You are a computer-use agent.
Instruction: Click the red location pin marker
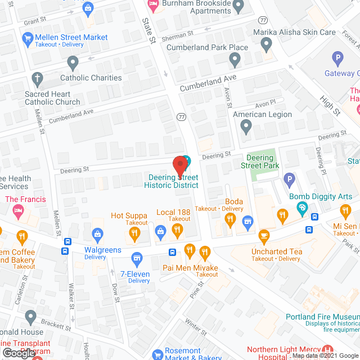(179, 165)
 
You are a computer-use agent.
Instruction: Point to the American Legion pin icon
(246, 127)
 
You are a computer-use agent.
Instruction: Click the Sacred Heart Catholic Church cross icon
(38, 78)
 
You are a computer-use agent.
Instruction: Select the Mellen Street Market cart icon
(27, 38)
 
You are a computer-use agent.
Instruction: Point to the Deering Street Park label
(260, 162)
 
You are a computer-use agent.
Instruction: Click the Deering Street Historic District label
(171, 181)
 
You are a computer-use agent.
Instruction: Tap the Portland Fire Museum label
(322, 317)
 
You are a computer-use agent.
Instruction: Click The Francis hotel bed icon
(17, 210)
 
